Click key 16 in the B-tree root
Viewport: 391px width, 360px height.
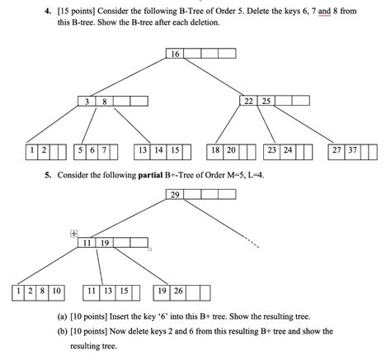pos(174,54)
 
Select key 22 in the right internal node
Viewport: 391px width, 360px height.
pos(248,101)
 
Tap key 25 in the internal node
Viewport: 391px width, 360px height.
pos(266,101)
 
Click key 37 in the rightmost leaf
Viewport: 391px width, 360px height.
pos(352,151)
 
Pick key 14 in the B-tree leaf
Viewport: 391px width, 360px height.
pos(158,151)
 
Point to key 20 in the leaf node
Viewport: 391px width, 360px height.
pos(232,151)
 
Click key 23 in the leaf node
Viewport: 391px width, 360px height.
pos(271,151)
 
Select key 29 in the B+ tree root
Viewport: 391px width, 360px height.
pos(174,195)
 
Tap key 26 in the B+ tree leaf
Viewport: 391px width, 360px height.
pos(178,291)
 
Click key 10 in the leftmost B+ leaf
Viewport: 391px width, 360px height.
pos(56,291)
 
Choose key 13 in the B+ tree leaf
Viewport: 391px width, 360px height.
pos(106,291)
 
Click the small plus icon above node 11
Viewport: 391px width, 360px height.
pos(74,233)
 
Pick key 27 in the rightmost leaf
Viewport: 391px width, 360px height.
pos(336,151)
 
